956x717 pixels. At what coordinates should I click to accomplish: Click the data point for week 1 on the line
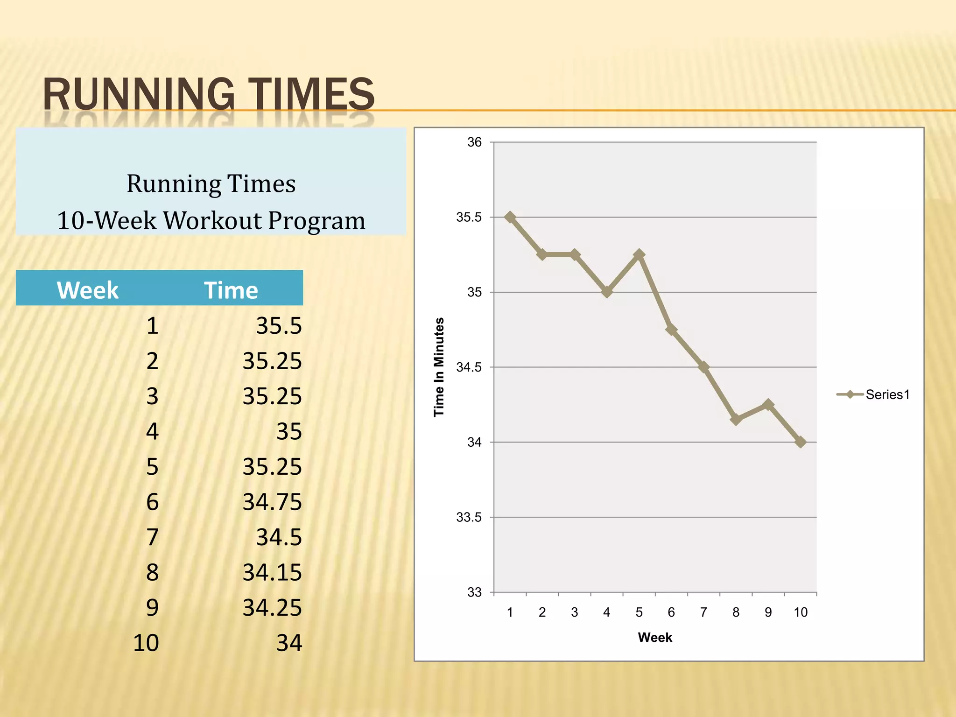pos(510,218)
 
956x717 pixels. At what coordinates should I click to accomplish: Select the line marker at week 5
pos(639,255)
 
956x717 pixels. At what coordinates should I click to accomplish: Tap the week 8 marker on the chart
pos(736,419)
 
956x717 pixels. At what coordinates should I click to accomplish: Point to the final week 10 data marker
pos(801,442)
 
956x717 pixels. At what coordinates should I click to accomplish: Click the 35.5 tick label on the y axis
pos(469,218)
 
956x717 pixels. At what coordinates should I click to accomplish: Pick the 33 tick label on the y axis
pos(474,592)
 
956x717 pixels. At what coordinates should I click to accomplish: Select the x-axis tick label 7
pos(703,612)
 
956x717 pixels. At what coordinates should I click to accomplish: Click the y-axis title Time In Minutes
pos(439,367)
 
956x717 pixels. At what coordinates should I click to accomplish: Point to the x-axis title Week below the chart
pos(655,638)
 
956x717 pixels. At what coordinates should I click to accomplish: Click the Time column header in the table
pos(231,290)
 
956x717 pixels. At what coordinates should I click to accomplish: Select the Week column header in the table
pos(87,290)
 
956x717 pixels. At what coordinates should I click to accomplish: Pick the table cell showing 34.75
pos(272,502)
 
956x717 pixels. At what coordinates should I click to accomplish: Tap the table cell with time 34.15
pos(272,573)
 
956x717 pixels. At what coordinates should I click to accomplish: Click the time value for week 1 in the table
pos(279,326)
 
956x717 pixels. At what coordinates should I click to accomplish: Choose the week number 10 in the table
pos(146,643)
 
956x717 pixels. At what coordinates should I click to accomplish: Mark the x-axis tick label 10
pos(801,612)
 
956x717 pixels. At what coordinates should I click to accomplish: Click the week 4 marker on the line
pos(607,292)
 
